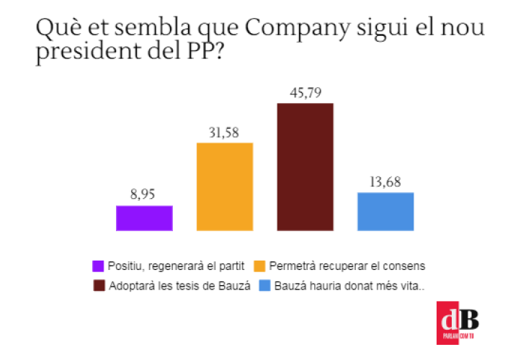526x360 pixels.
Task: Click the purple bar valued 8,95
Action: tap(144, 217)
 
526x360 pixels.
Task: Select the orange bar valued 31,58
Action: tap(225, 186)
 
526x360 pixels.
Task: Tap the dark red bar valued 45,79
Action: tap(305, 167)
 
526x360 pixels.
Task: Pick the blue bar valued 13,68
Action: tap(385, 211)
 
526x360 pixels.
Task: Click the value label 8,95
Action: tap(144, 194)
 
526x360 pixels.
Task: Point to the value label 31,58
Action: tap(225, 132)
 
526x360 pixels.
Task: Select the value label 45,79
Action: tap(305, 92)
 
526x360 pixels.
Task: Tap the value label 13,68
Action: tap(385, 181)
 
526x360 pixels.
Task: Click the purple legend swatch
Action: tap(99, 266)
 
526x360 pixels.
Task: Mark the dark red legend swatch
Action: tap(99, 286)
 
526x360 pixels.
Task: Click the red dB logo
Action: tap(457, 322)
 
